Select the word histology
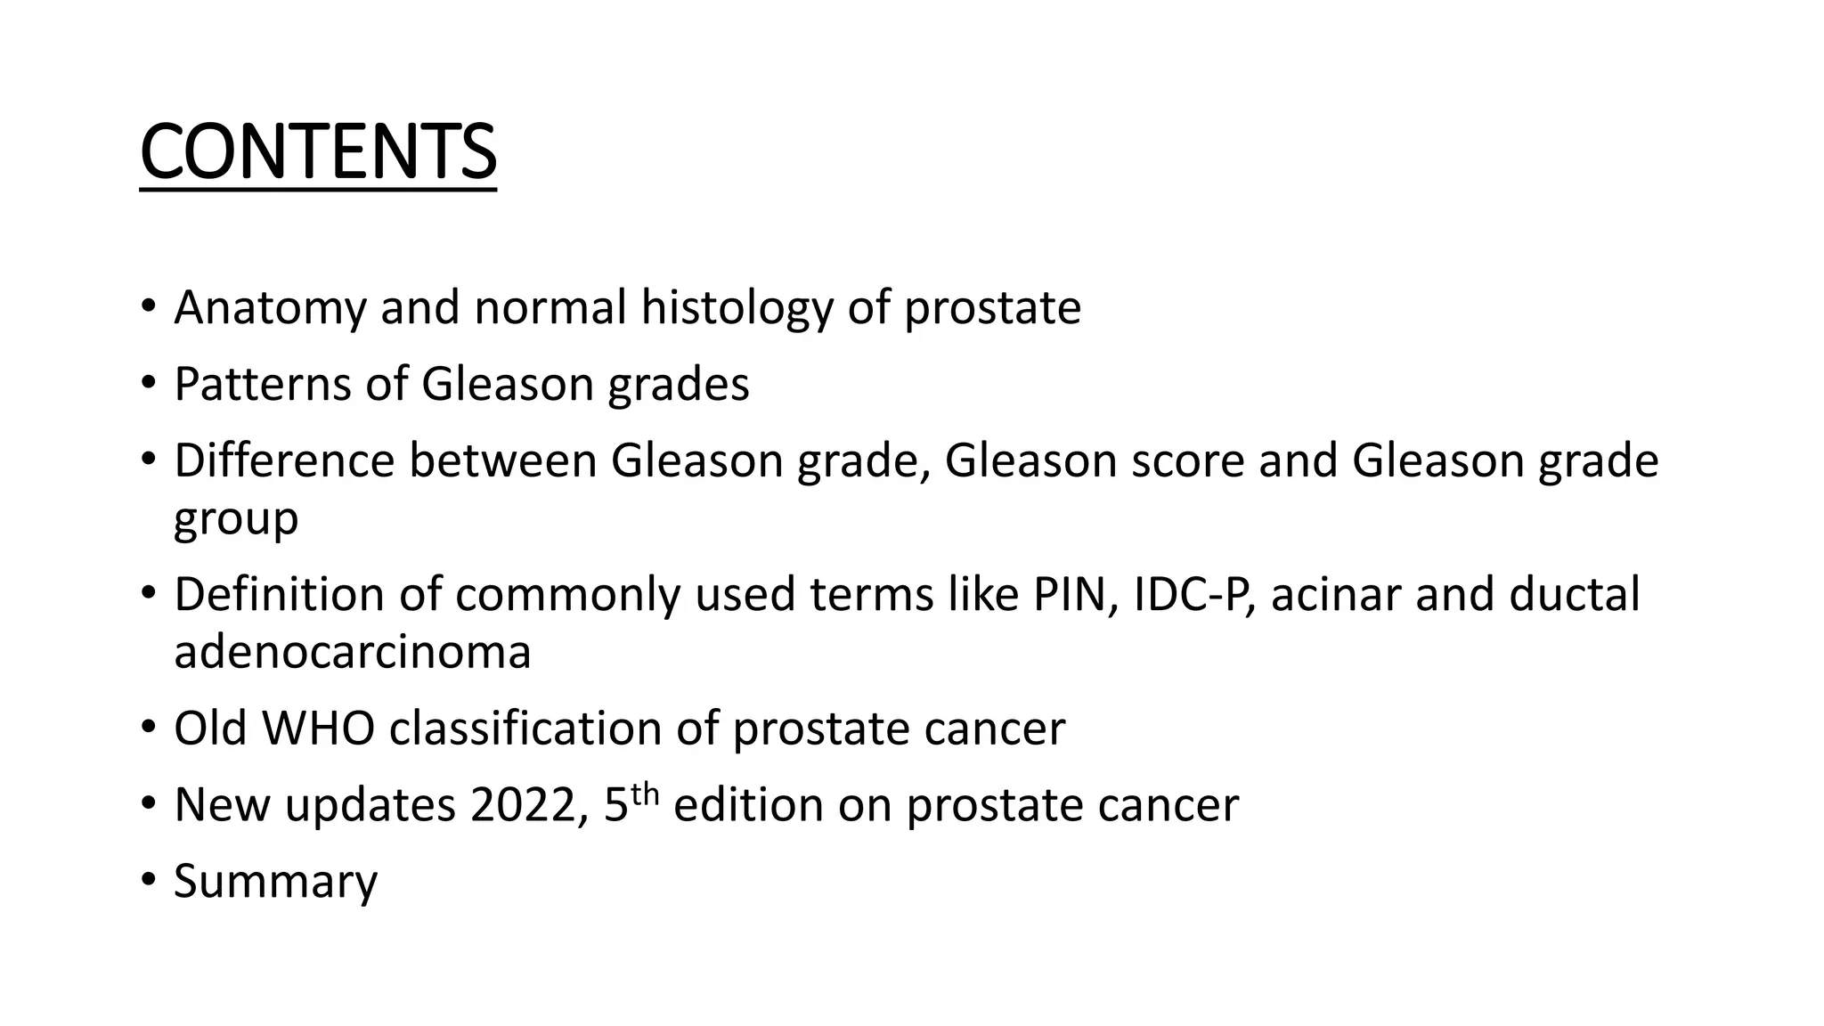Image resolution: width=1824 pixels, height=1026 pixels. [737, 308]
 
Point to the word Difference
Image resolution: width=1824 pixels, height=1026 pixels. [284, 461]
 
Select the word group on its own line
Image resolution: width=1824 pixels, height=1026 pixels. [235, 520]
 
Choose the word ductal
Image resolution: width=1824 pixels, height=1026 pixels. [1574, 595]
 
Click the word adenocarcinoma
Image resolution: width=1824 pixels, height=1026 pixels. [352, 652]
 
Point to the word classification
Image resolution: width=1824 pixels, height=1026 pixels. [525, 729]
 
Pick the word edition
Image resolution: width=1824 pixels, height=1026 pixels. [748, 805]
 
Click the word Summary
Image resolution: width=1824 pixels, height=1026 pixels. [275, 882]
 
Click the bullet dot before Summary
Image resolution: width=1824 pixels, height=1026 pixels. [148, 882]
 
